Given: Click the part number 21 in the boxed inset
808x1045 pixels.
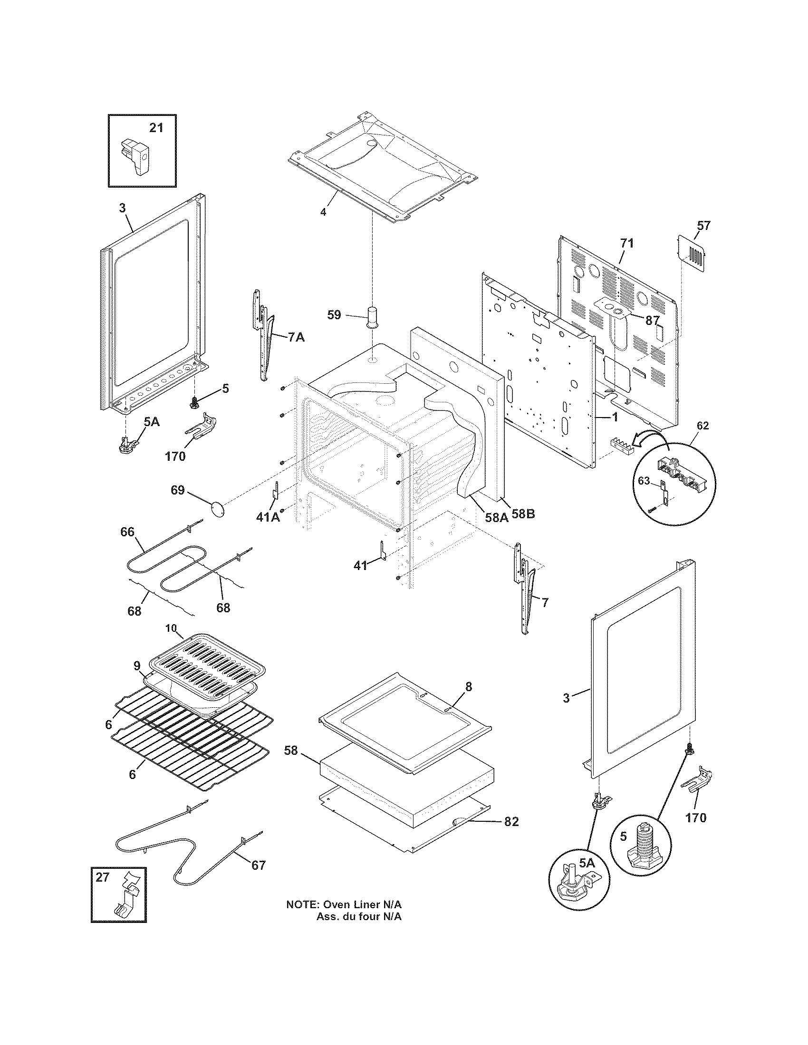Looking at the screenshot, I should click(x=156, y=128).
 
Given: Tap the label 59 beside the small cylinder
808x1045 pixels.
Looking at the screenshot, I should click(x=334, y=315).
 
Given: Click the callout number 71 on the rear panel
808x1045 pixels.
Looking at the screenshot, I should click(x=626, y=243).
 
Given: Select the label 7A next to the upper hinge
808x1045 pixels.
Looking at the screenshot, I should click(x=296, y=337).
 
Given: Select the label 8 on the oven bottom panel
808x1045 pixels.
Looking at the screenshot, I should click(x=468, y=687).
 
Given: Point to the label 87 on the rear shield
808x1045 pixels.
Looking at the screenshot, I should click(x=653, y=321).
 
